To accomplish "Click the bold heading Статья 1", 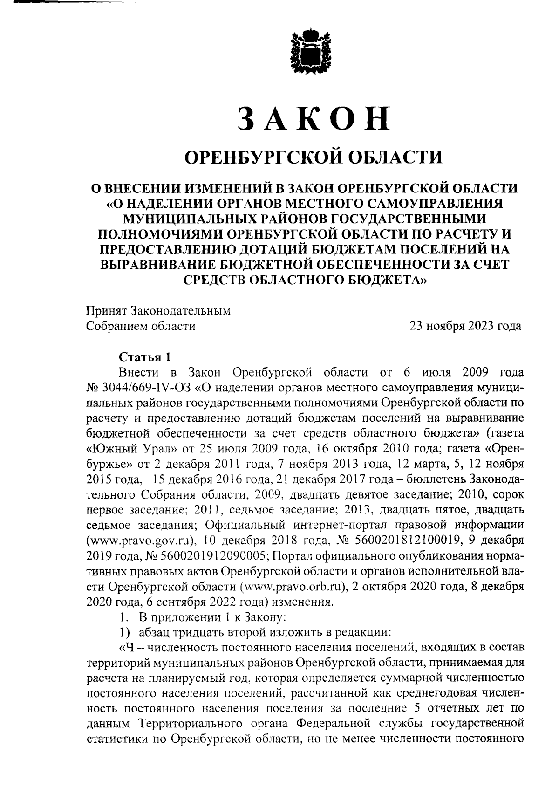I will coord(144,357).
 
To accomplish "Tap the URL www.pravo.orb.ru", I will coord(293,586).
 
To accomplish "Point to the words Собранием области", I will coord(141,326).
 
